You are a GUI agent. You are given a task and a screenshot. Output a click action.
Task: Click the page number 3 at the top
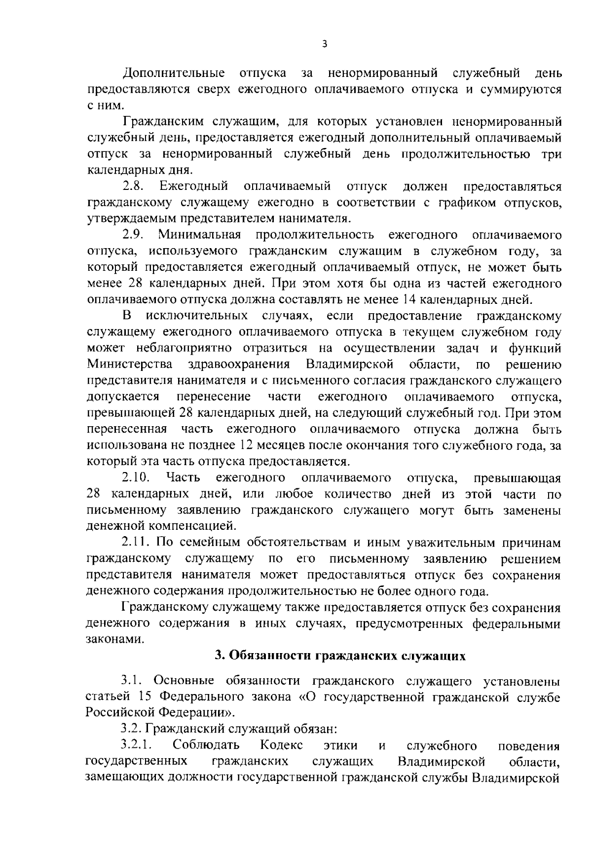(x=324, y=44)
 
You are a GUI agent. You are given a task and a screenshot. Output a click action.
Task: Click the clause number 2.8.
(x=133, y=187)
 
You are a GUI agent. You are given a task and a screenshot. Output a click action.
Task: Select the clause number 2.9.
(x=133, y=235)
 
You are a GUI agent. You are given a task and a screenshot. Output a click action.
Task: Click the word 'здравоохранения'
(x=239, y=365)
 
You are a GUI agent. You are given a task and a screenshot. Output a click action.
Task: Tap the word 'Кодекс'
(x=281, y=745)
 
